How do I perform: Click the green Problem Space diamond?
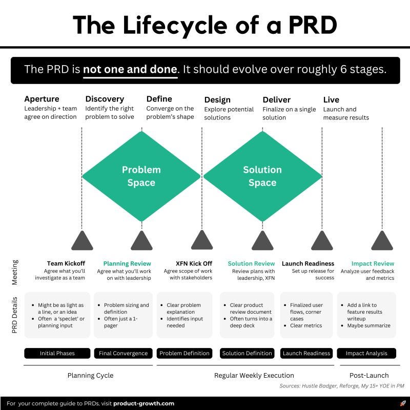141,176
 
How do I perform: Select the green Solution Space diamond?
262,176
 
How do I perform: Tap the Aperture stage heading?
42,99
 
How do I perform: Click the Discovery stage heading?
105,99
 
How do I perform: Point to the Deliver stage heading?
276,99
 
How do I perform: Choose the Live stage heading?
331,99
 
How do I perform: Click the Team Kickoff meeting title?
66,263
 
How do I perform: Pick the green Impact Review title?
373,263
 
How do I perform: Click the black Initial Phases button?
57,353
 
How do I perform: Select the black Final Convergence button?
123,353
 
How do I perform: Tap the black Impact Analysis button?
366,353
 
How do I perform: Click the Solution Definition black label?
247,353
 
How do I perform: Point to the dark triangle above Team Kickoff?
81,241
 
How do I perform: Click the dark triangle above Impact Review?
382,241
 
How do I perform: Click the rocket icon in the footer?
402,403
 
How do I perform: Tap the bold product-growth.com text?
143,403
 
